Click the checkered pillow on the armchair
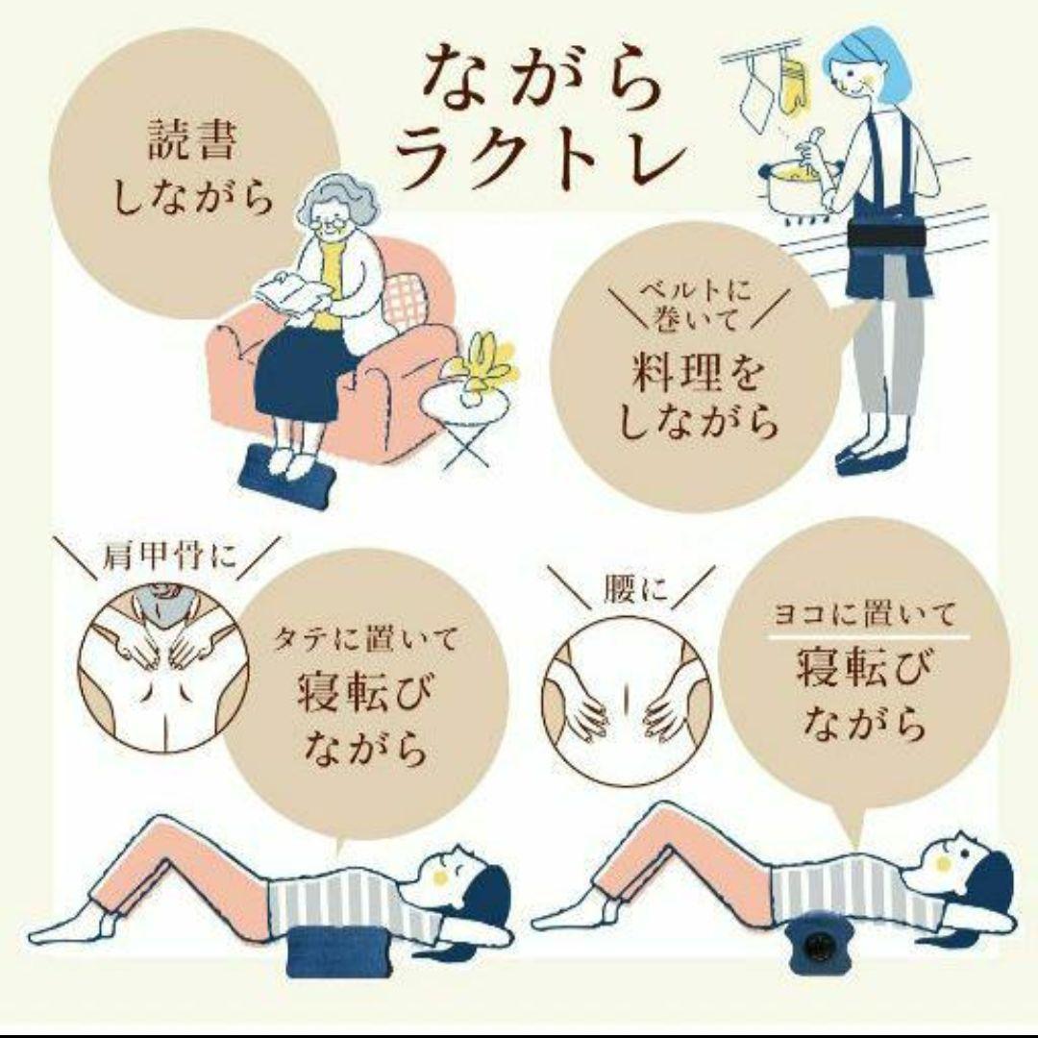407,298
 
